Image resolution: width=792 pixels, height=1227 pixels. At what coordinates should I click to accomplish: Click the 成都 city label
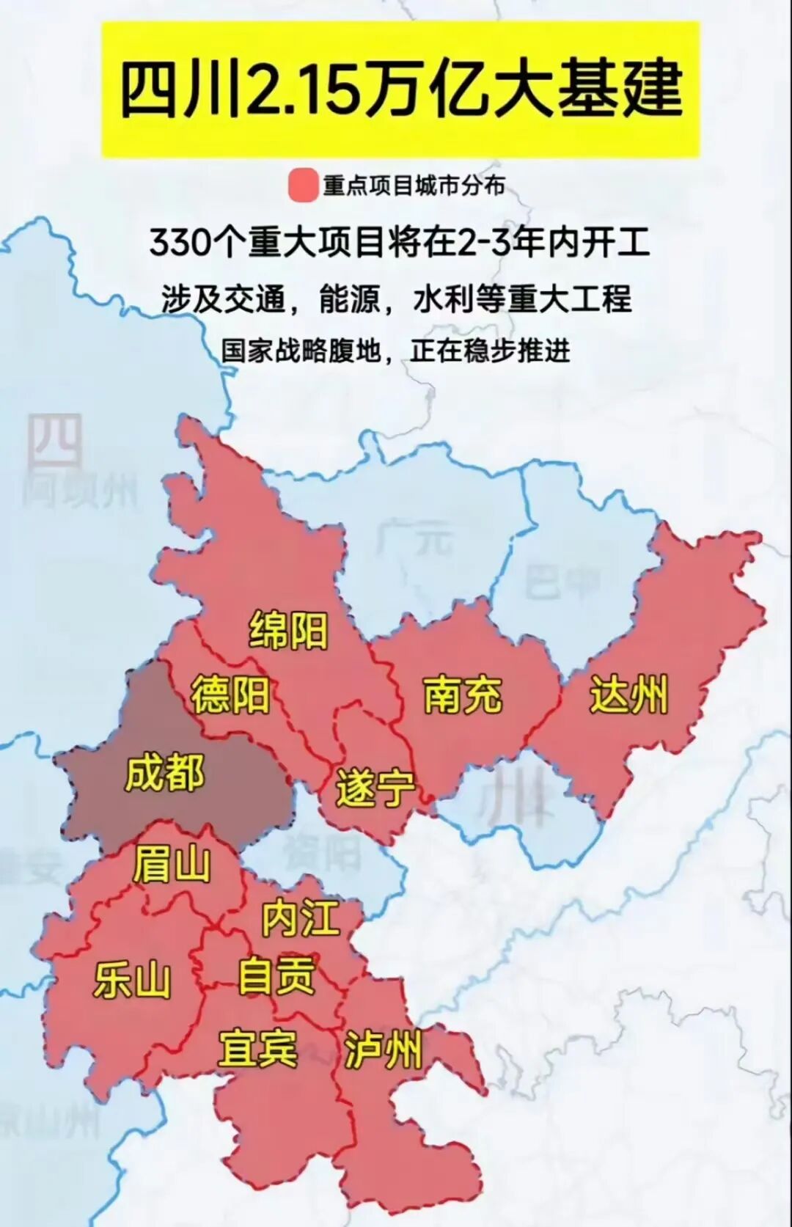[164, 774]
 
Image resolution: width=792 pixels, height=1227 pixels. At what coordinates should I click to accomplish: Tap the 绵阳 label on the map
[288, 630]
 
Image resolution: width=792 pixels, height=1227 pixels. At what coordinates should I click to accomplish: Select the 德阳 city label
[230, 695]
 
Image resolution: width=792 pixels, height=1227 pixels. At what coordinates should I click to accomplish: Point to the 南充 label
[463, 695]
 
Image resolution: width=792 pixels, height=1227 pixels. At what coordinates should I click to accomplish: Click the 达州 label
[629, 695]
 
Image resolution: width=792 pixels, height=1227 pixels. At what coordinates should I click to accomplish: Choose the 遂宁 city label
[375, 789]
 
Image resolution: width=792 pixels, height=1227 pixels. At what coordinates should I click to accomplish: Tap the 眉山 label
[172, 864]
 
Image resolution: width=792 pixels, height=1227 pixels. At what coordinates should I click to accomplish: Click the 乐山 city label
[132, 981]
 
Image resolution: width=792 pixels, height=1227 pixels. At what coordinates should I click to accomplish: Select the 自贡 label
[276, 976]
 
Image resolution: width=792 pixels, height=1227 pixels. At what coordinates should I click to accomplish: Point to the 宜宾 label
[257, 1048]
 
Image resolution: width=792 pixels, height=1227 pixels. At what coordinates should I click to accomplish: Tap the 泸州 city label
[383, 1050]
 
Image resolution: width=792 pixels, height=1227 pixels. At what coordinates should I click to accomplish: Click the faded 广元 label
[414, 539]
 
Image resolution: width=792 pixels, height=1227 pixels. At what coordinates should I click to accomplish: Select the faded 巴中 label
[562, 583]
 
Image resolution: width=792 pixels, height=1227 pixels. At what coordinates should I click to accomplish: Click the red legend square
[303, 186]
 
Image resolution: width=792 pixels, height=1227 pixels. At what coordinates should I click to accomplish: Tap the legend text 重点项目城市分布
[414, 186]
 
